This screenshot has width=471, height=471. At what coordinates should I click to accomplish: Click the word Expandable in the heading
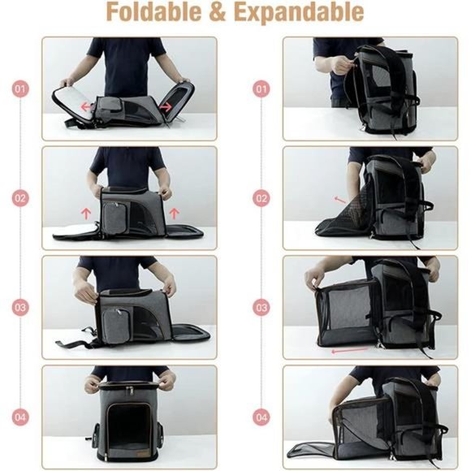click(x=311, y=13)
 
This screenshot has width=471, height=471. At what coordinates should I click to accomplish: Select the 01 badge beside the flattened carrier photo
click(x=21, y=88)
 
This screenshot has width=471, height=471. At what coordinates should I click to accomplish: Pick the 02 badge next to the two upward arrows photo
click(x=21, y=197)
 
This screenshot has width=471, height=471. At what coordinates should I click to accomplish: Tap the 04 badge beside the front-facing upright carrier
click(x=21, y=417)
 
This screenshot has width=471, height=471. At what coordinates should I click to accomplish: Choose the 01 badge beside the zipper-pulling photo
click(x=261, y=88)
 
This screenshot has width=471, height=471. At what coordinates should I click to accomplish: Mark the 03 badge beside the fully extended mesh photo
click(x=261, y=308)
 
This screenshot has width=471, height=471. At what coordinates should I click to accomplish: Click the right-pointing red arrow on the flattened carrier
click(x=164, y=106)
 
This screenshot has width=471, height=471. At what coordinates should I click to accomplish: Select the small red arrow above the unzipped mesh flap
click(x=339, y=198)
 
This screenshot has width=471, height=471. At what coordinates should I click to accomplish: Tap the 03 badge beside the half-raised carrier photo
click(x=21, y=308)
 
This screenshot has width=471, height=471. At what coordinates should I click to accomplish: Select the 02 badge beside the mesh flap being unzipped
click(x=261, y=197)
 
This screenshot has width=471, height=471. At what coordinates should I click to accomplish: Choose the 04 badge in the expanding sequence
click(x=261, y=417)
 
